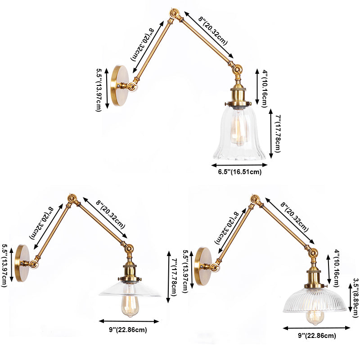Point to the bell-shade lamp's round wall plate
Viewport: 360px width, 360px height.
(x=120, y=85)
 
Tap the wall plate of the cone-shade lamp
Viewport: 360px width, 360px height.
(x=22, y=263)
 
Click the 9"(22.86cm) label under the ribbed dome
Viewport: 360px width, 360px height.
(x=316, y=336)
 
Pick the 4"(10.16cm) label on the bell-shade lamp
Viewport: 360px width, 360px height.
(x=265, y=86)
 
